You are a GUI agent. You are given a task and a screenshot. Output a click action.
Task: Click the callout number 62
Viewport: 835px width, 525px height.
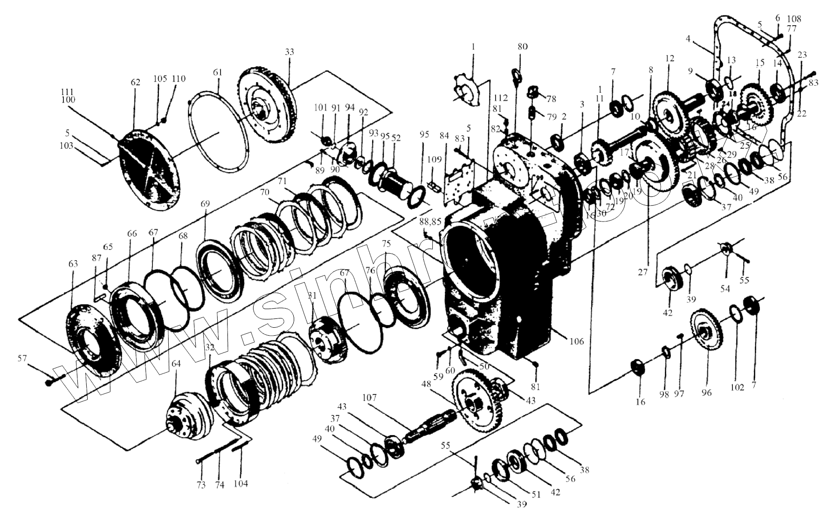pos(135,83)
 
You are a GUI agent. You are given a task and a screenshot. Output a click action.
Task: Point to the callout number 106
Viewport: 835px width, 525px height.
pos(576,342)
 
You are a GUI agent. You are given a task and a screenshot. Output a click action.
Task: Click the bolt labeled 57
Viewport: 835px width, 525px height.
pos(50,382)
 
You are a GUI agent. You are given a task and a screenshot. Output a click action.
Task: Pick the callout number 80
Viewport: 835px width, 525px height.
pos(522,47)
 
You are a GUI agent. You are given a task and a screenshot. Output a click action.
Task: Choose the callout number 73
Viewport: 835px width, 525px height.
pos(201,485)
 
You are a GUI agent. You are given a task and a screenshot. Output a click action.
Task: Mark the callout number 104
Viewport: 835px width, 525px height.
pos(241,484)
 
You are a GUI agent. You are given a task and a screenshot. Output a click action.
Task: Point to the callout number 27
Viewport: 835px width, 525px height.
pos(643,272)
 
